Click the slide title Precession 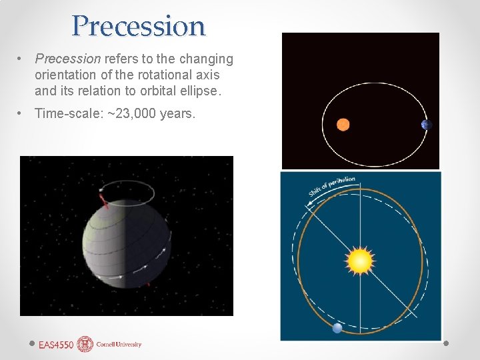[139, 26]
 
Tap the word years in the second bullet [177, 113]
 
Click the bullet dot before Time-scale [22, 113]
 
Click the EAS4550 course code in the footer [56, 345]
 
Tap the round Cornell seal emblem [85, 344]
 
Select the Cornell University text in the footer [119, 345]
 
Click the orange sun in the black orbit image [343, 124]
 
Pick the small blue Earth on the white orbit [427, 125]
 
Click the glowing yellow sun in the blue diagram [360, 260]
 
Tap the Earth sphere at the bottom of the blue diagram [337, 327]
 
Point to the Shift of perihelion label [331, 186]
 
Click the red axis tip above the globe [103, 199]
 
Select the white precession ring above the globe [127, 193]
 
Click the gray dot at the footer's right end [446, 344]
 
